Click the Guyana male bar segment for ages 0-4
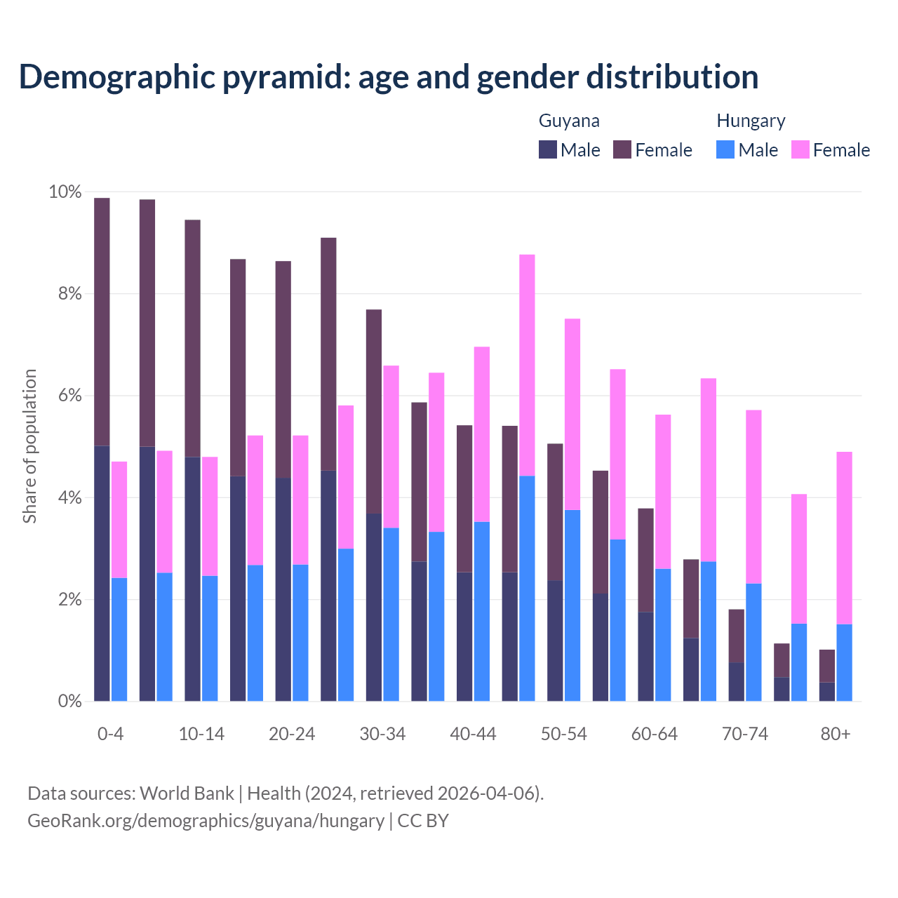coord(102,573)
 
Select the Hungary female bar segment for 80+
coord(844,538)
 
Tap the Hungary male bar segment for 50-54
coord(572,605)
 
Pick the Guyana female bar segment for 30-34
coord(374,411)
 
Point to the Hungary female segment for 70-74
coord(753,497)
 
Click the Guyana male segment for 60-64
coord(645,657)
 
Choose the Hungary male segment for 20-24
coord(300,633)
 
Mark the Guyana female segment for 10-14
coord(192,338)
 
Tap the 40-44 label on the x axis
coord(473,734)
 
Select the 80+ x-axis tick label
coord(836,734)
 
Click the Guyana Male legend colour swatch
coord(548,149)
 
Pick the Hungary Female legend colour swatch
coord(800,149)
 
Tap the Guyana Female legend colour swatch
coord(622,149)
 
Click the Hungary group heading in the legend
coord(751,121)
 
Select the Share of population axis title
coord(29,446)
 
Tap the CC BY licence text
coord(423,821)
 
